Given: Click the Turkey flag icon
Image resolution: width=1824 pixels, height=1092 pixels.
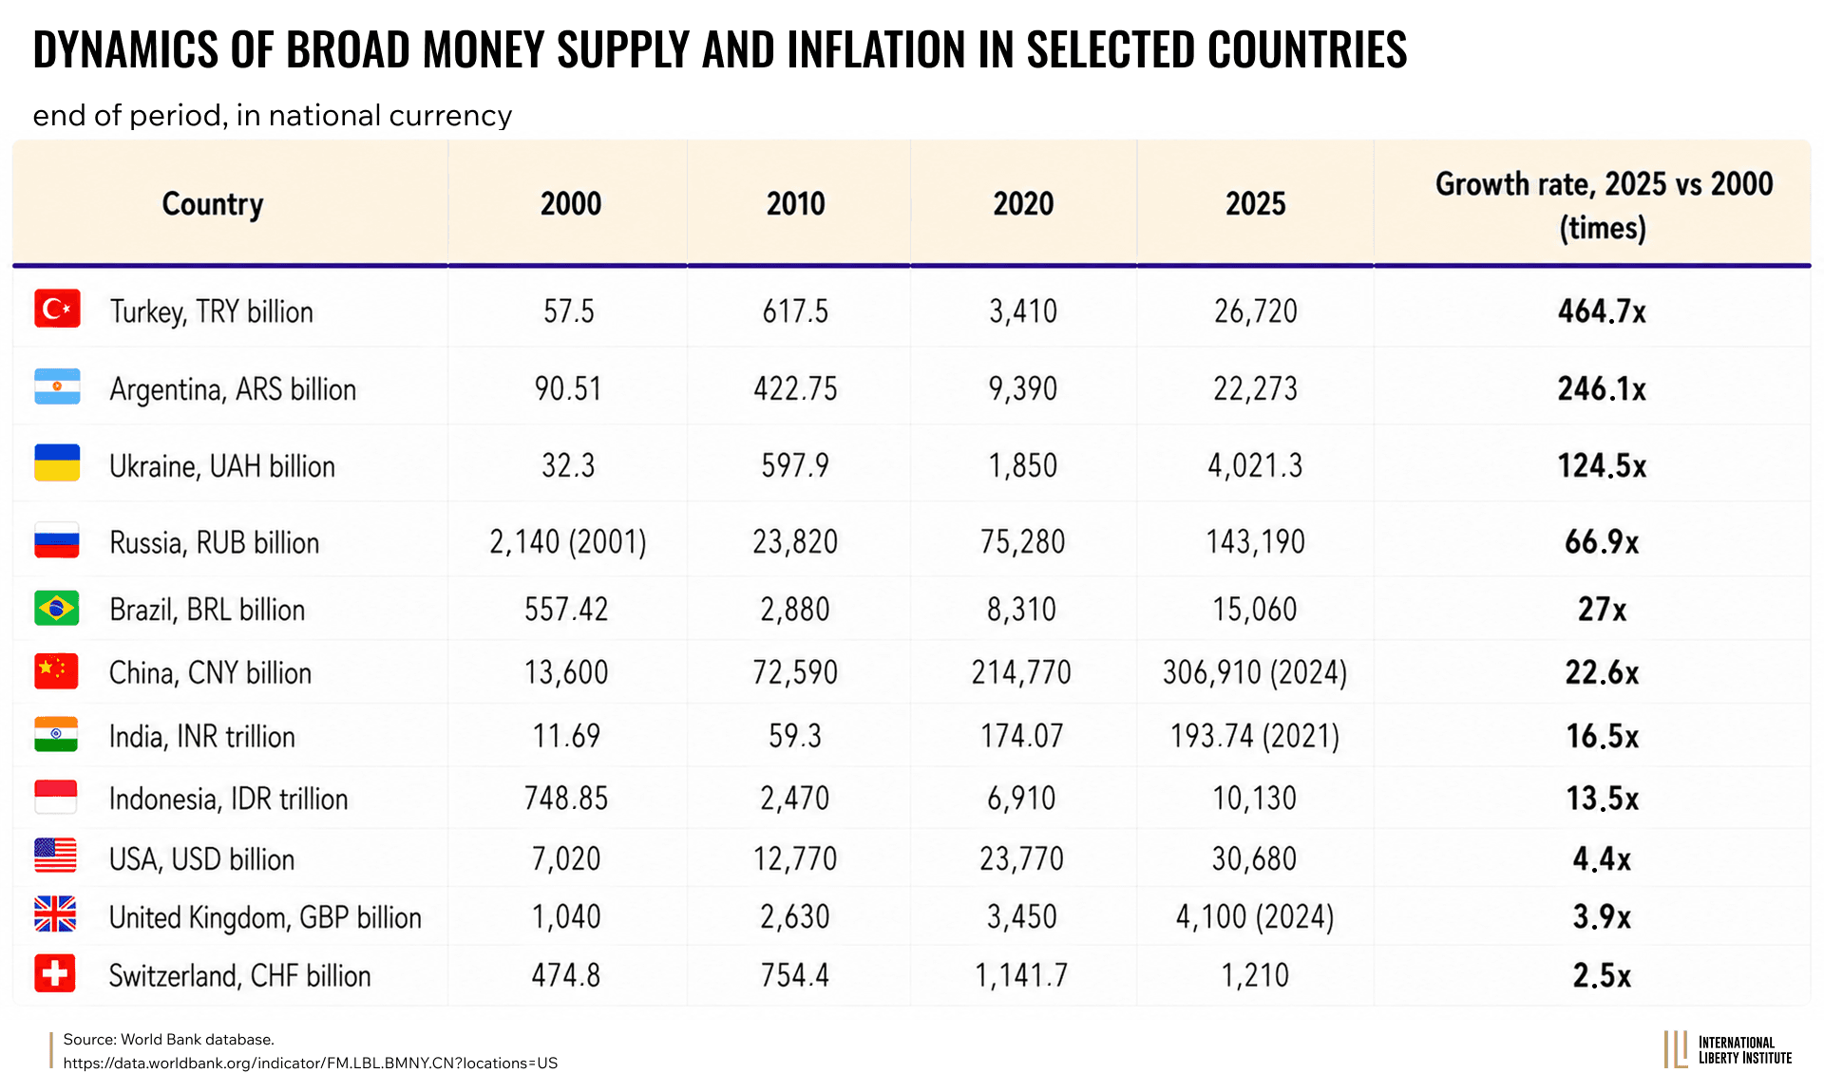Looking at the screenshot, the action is [57, 309].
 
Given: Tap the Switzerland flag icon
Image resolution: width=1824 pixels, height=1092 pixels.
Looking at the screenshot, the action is [55, 973].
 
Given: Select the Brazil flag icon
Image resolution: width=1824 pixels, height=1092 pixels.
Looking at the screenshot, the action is [56, 608].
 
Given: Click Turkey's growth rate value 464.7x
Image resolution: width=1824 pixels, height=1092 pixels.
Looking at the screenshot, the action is [1602, 311].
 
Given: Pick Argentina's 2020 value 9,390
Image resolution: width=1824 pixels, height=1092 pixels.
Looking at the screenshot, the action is [1023, 388].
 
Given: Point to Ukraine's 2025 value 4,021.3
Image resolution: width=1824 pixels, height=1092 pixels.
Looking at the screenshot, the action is [1255, 465].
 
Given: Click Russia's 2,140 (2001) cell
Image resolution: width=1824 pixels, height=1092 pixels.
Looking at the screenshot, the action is [568, 542].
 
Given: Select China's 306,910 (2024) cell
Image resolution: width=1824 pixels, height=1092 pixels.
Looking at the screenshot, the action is [1255, 672].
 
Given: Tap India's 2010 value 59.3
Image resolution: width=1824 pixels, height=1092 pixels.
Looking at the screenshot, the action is [795, 736].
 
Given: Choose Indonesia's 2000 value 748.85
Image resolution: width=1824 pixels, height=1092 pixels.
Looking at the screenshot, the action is [566, 798].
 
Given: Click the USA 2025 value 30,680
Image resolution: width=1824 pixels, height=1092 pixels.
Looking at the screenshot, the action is [1254, 858].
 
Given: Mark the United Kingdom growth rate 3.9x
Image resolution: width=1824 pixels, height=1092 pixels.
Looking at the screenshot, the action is [1602, 916].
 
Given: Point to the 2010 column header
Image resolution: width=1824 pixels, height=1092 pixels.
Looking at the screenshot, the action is [796, 203].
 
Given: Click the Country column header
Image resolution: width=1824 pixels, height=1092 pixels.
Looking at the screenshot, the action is [213, 204].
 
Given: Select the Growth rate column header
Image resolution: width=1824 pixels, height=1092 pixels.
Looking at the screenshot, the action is [1604, 205].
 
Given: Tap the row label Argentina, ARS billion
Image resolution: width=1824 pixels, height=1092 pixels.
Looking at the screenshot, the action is [233, 389].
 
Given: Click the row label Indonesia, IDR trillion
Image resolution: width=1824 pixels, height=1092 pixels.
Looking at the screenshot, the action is [229, 799].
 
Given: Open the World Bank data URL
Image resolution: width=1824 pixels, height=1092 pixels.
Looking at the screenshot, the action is [311, 1064].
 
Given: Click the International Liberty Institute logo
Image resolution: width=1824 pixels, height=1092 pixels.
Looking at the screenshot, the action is [1727, 1049].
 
